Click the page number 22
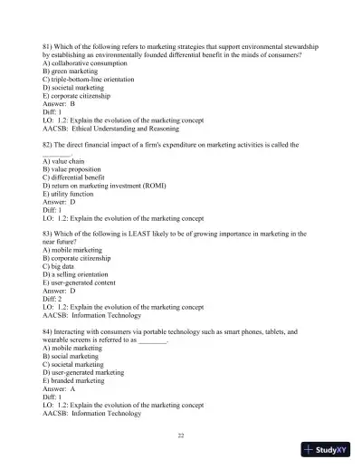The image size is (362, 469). click(x=181, y=435)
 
